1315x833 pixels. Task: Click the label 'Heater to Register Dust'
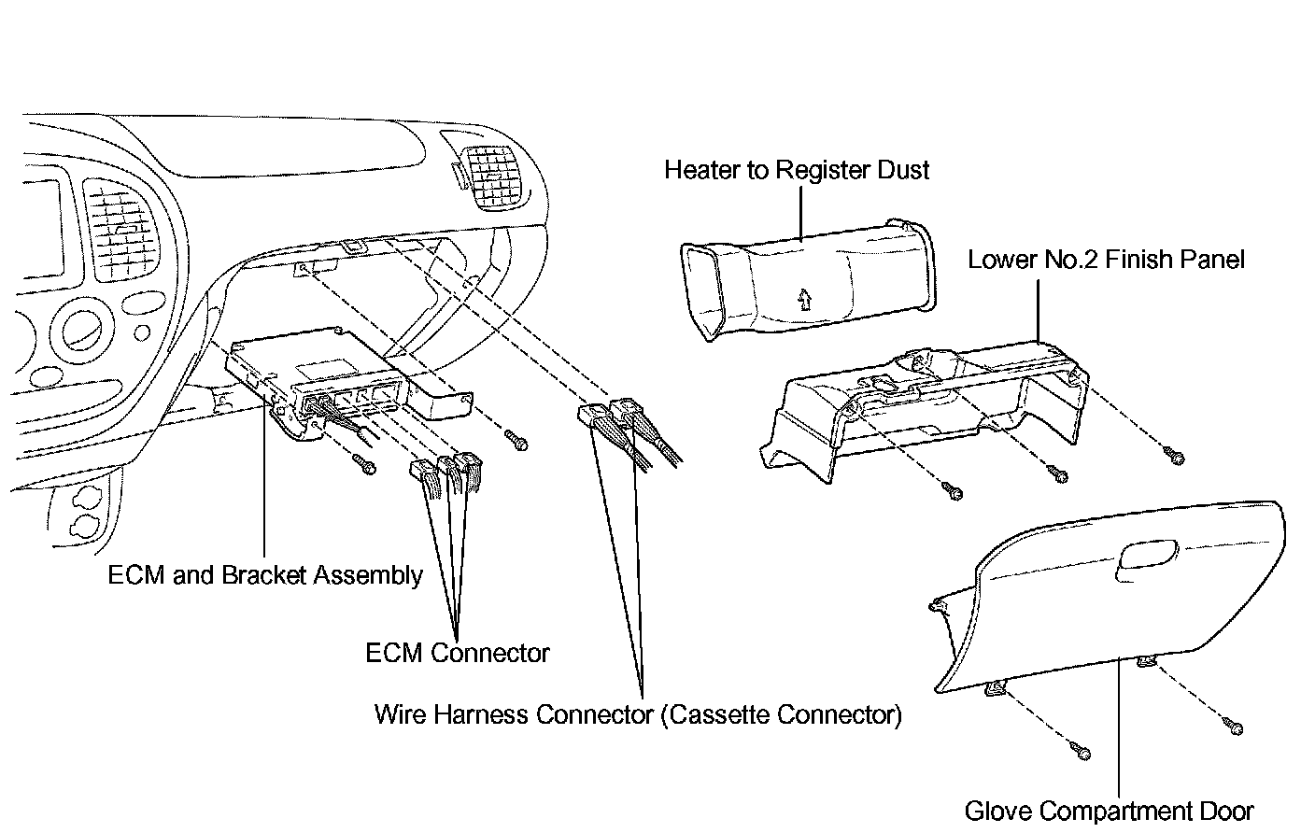click(x=797, y=170)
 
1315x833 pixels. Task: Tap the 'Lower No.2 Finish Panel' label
click(x=1106, y=259)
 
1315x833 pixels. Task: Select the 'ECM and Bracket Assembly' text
click(x=265, y=575)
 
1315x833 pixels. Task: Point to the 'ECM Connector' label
click(x=457, y=653)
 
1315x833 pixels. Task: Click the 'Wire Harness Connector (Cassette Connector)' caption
click(x=638, y=715)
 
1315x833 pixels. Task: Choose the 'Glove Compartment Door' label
click(x=1109, y=811)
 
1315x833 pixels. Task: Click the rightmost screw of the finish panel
click(x=1176, y=457)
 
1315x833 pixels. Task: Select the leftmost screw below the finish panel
click(x=954, y=491)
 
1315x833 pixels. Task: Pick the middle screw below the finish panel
click(x=1059, y=475)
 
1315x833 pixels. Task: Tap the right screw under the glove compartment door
click(x=1236, y=726)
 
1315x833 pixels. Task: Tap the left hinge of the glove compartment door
click(x=996, y=689)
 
